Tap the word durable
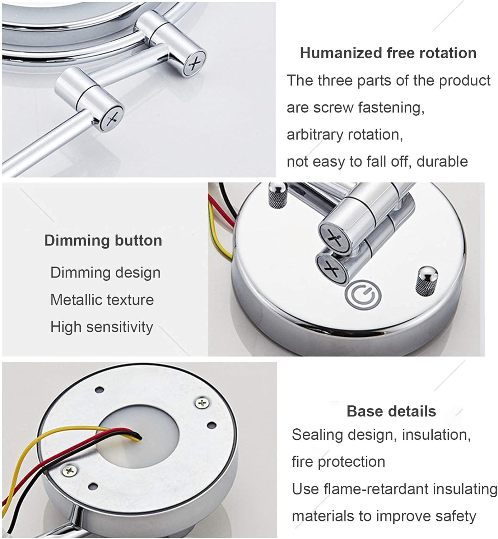coord(442,161)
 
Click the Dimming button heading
coord(103,240)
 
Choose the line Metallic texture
coord(102,300)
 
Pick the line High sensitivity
coord(102,327)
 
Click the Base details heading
coord(391,411)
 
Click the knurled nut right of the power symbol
coord(427,281)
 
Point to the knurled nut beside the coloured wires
coord(277,195)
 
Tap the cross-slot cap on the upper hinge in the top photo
coord(195,63)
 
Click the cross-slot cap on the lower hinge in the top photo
coord(112,118)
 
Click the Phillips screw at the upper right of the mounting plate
coord(203,402)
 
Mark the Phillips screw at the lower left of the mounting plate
coord(69,470)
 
